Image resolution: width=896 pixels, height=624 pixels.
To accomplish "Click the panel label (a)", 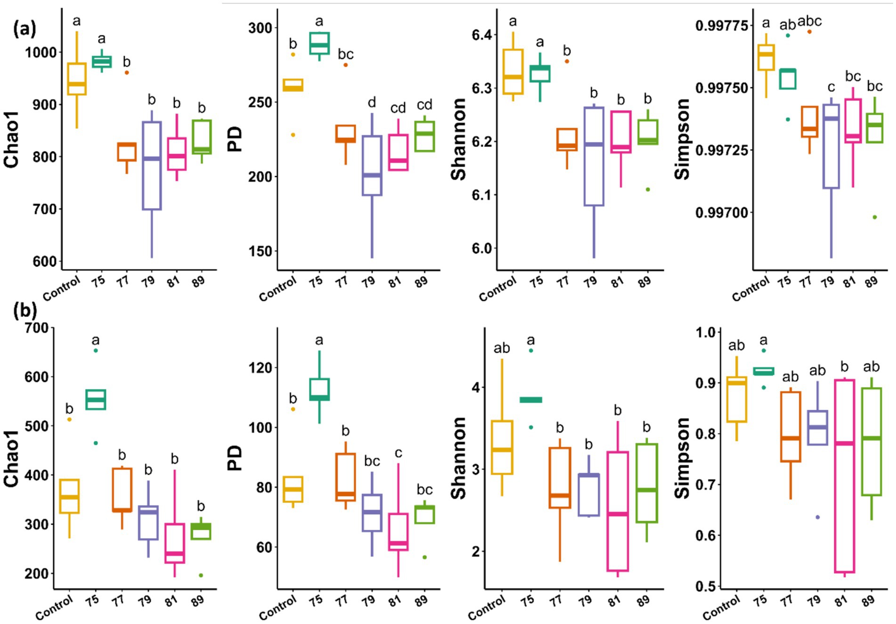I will (x=24, y=29).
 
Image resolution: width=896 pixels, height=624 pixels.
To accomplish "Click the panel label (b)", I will (x=25, y=310).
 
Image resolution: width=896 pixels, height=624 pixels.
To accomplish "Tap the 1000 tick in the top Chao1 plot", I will (x=41, y=52).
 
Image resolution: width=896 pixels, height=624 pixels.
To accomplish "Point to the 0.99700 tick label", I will (x=721, y=213).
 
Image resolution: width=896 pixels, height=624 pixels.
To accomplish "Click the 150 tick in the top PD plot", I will (x=261, y=251).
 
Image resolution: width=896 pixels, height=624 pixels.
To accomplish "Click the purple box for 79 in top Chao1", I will (x=152, y=166).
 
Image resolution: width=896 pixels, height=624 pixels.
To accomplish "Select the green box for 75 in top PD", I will (x=319, y=43).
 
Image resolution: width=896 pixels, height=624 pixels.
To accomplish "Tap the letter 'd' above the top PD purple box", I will (x=372, y=102).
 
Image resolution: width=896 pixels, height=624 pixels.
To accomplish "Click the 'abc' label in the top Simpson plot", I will (x=809, y=21).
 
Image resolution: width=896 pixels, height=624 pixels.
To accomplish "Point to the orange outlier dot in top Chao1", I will (x=127, y=73).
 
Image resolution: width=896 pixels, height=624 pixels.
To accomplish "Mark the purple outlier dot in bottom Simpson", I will (x=818, y=517).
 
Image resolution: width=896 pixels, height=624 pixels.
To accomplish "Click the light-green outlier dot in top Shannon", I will (x=648, y=189).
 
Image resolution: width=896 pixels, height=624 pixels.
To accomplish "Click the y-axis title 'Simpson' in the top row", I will (x=682, y=139).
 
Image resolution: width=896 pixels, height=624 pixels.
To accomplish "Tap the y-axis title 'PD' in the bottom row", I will (x=234, y=458).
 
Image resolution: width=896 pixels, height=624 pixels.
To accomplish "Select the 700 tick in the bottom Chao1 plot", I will (x=37, y=328).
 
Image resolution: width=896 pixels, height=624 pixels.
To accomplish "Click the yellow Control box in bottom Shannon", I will (x=502, y=447).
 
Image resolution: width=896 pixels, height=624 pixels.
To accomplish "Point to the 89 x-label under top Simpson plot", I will (x=871, y=282).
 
